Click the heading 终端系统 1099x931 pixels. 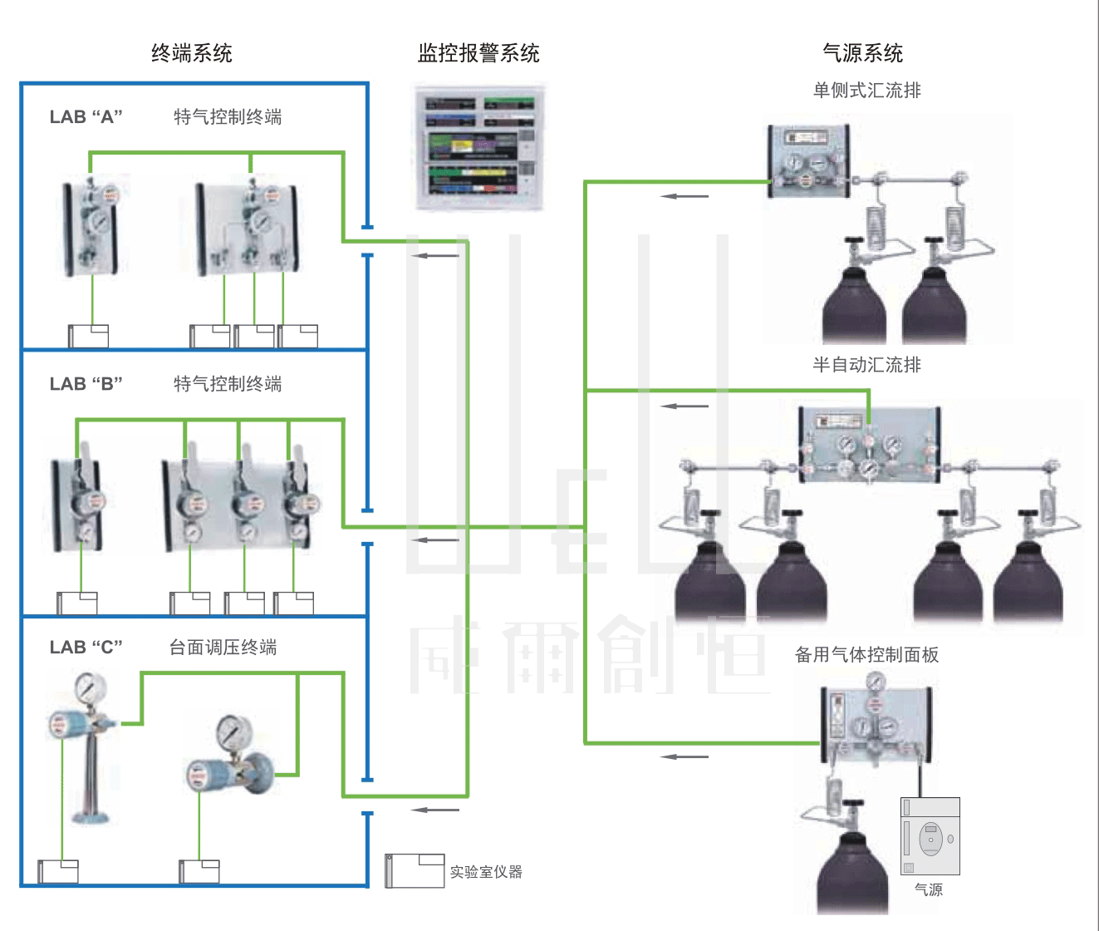click(x=192, y=54)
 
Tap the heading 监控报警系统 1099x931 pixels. click(x=478, y=54)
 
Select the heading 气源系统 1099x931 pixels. click(x=862, y=54)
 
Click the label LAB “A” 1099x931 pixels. click(x=86, y=117)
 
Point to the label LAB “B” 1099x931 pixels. click(x=86, y=384)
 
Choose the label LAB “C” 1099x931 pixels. click(x=86, y=648)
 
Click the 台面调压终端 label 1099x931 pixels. click(x=223, y=648)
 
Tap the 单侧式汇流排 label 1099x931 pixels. click(x=866, y=91)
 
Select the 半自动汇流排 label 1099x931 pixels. click(x=866, y=365)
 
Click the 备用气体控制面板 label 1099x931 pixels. click(x=866, y=655)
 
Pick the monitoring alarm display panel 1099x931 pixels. click(x=479, y=146)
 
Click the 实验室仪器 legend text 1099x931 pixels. click(x=486, y=872)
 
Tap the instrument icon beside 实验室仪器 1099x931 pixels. click(x=415, y=870)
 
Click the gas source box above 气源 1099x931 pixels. click(x=930, y=836)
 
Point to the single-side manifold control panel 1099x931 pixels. click(x=808, y=161)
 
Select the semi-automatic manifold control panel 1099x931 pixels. click(x=869, y=446)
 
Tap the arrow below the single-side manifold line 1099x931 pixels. click(x=684, y=196)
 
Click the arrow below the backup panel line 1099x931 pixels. click(x=684, y=756)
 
